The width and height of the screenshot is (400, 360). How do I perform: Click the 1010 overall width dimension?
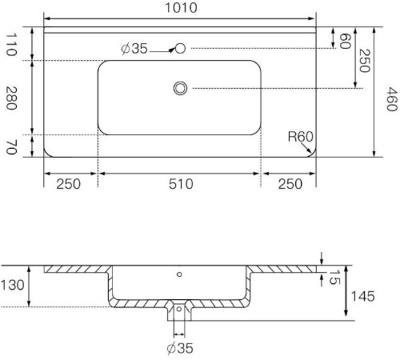[x=181, y=8]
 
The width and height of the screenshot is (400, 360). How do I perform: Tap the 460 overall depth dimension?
[x=392, y=99]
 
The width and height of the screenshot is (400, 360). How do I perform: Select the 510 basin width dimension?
[x=181, y=184]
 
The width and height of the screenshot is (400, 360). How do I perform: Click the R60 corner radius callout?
[x=301, y=137]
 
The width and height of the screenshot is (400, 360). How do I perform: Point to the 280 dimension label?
[x=11, y=98]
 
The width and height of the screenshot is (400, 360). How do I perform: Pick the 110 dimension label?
[x=11, y=44]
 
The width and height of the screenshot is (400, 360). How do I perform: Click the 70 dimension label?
[x=11, y=147]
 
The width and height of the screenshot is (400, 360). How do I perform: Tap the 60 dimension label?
[x=345, y=41]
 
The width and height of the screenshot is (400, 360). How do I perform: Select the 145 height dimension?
[x=362, y=296]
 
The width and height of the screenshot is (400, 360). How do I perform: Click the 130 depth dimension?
[x=13, y=285]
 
